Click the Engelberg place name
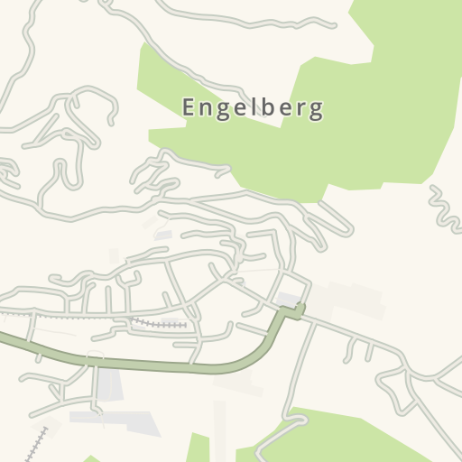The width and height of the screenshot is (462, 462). pos(253,108)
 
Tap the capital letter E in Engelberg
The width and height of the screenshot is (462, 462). pos(189,107)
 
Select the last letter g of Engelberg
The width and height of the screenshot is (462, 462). pos(316,111)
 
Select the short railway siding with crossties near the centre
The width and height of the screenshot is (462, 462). pos(161,322)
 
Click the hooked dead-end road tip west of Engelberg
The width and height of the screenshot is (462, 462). pos(112,118)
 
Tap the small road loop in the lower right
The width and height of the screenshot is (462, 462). pos(394,390)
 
